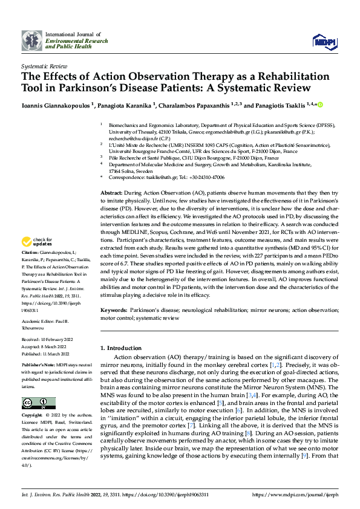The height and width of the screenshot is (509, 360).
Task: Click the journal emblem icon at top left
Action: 31,41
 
